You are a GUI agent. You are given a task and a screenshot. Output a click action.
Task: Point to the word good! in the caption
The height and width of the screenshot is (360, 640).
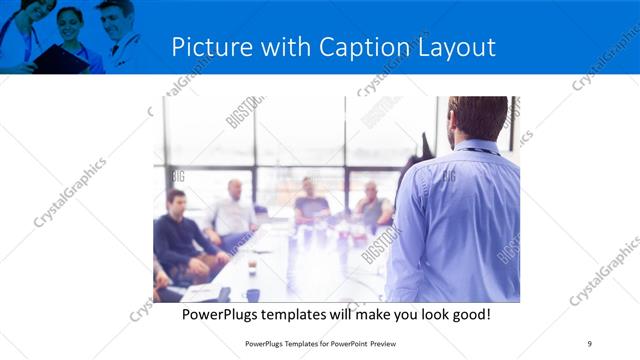(x=466, y=314)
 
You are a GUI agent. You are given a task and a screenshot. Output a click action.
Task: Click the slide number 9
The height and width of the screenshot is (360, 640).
(x=589, y=344)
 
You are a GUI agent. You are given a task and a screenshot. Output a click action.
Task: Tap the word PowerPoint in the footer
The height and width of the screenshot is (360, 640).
(x=343, y=344)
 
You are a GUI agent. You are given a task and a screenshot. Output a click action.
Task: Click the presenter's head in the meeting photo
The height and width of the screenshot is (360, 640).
(x=477, y=118)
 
